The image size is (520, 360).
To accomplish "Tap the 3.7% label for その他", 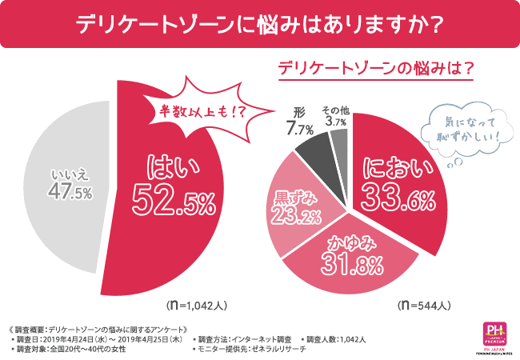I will [336, 122].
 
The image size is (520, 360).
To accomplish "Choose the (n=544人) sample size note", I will [423, 305].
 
